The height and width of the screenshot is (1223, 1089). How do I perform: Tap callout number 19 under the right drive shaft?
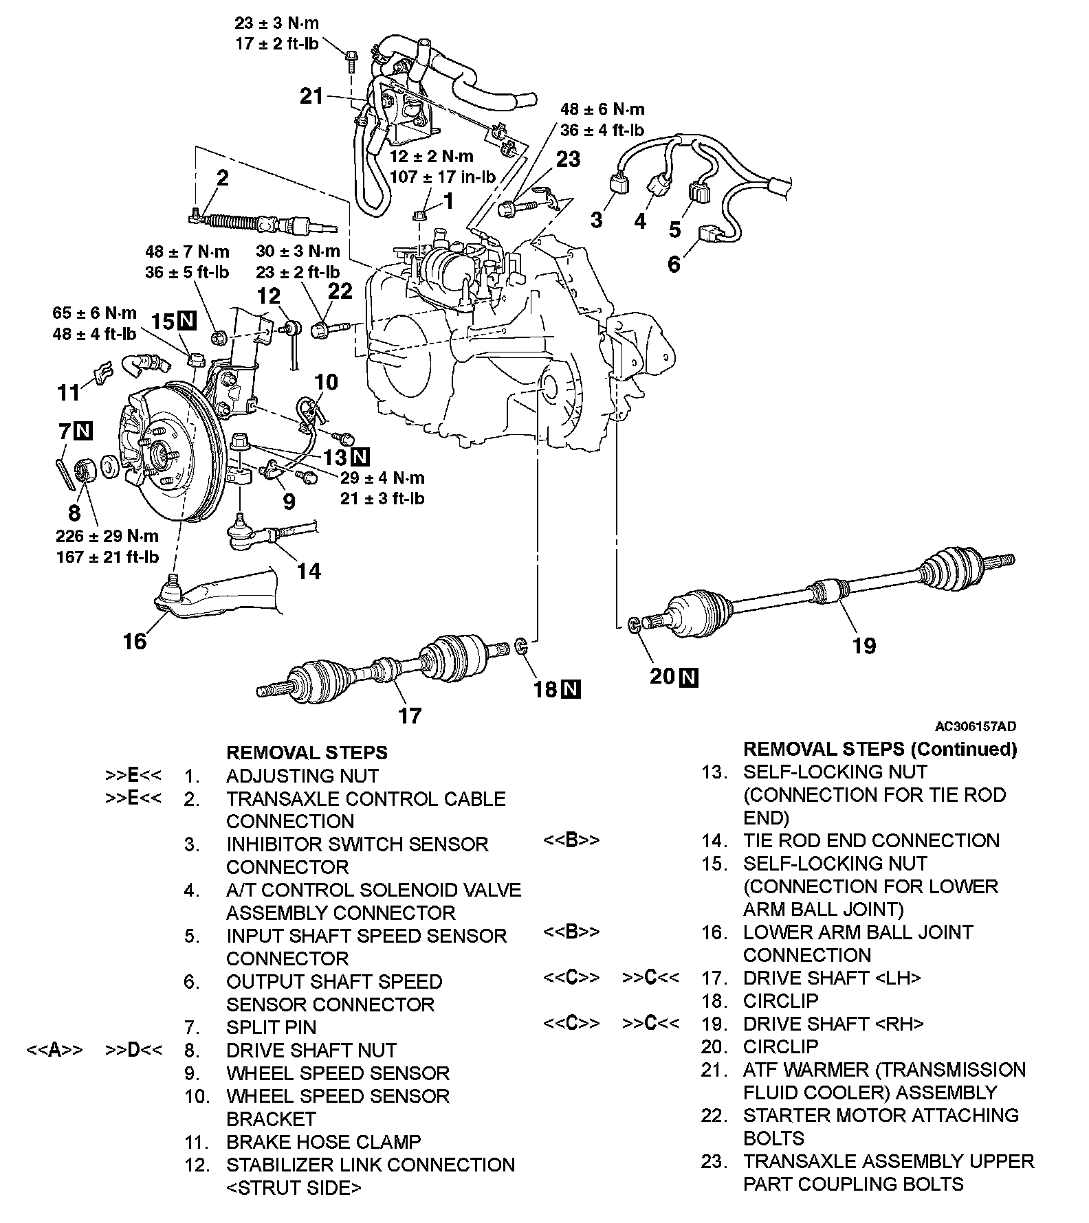[x=864, y=645]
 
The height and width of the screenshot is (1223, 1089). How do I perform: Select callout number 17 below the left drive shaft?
[x=410, y=715]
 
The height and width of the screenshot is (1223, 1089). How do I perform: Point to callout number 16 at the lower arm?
[x=135, y=641]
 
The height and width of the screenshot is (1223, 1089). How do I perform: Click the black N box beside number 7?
[x=84, y=431]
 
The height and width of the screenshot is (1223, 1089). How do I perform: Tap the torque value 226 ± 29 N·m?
[x=107, y=536]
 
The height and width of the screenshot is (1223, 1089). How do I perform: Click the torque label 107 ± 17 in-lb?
[x=443, y=177]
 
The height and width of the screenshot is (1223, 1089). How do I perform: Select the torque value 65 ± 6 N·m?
[x=95, y=313]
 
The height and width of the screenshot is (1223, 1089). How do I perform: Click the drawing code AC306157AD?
[x=975, y=726]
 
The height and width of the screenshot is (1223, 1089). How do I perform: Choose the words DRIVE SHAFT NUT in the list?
[x=311, y=1050]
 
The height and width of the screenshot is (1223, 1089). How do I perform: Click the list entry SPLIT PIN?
[x=272, y=1027]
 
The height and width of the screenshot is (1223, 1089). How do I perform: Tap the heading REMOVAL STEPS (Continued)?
[x=880, y=748]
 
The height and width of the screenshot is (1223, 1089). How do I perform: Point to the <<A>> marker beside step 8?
[x=55, y=1050]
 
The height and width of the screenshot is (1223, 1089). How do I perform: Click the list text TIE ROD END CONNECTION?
[x=871, y=840]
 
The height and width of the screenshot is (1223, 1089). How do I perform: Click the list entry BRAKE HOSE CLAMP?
[x=323, y=1142]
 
